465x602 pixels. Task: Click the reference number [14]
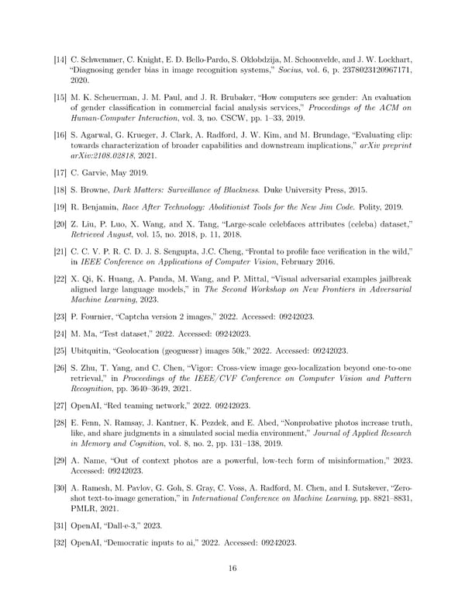point(60,59)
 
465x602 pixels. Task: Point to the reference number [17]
point(60,174)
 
